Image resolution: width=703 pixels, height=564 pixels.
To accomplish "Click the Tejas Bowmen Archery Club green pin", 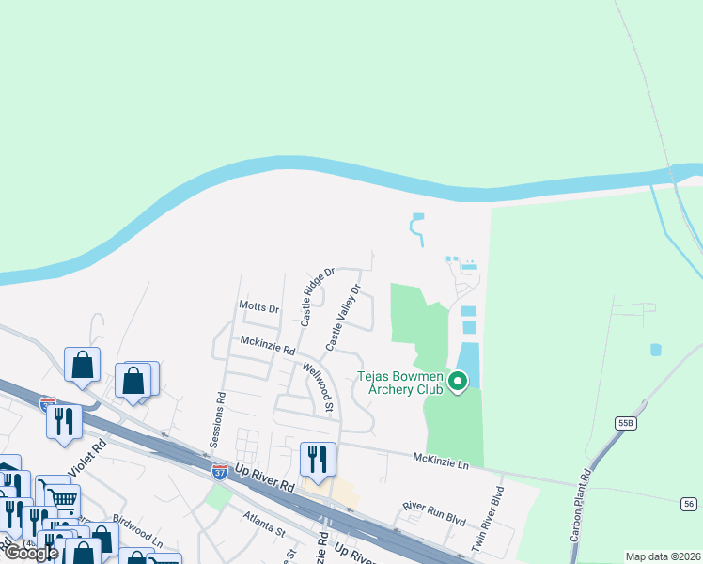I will click(458, 381).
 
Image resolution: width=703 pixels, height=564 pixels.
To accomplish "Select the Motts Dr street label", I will click(259, 307).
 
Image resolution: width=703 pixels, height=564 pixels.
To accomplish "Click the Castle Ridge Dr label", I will click(318, 297).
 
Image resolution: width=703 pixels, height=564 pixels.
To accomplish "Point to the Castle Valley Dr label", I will click(343, 319).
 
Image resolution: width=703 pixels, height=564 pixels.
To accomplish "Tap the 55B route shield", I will click(626, 424).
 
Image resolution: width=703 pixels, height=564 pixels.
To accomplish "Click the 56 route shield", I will click(689, 505).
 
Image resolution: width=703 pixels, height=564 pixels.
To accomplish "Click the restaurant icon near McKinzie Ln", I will click(318, 459).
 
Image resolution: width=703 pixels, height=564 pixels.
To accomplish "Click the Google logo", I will click(32, 553).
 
